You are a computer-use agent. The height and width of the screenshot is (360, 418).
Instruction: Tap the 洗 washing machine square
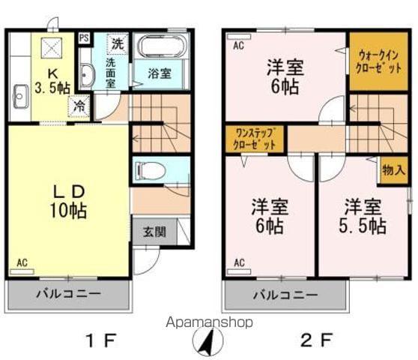click(118, 43)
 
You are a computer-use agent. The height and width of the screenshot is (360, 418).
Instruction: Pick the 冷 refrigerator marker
click(80, 107)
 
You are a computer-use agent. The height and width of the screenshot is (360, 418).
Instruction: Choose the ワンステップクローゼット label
click(254, 139)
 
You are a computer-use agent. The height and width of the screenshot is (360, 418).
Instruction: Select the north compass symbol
click(210, 343)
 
